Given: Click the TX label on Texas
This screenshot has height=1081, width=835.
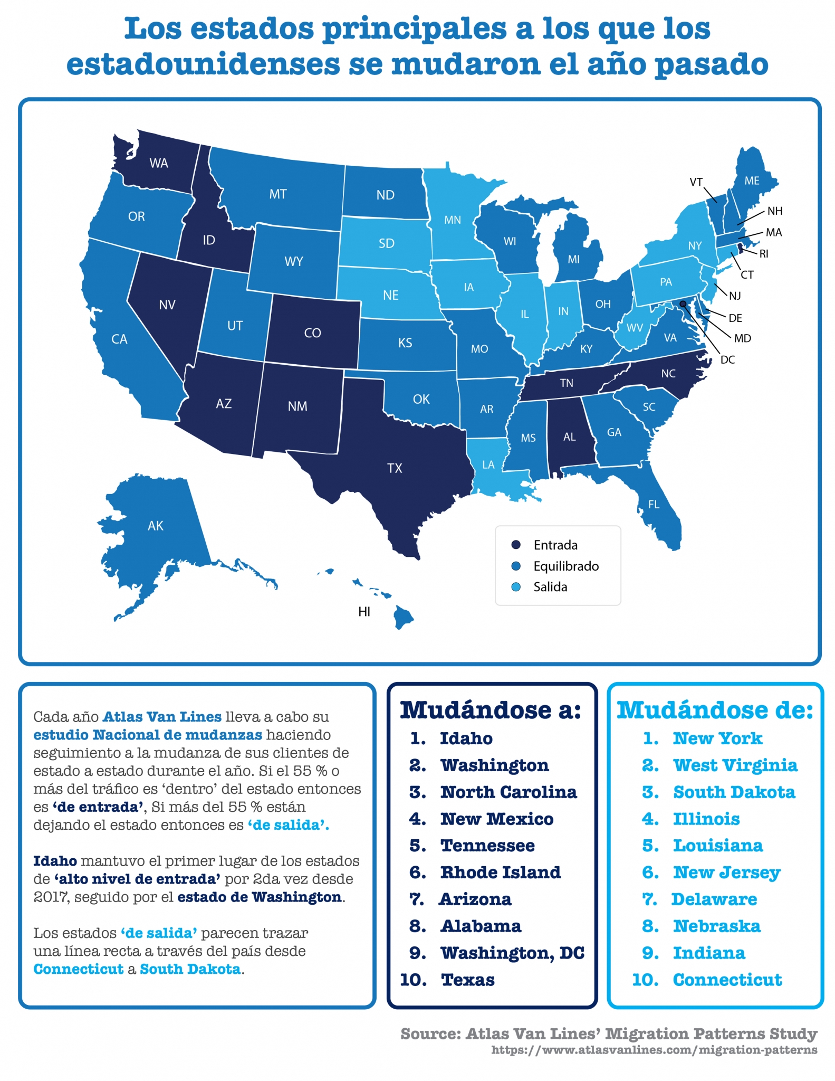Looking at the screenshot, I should point(395,468).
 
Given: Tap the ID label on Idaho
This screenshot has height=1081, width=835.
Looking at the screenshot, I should point(209,241).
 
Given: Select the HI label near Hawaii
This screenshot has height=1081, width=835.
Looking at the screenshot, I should point(364,612).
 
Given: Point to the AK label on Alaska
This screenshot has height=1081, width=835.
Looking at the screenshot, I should point(155,526).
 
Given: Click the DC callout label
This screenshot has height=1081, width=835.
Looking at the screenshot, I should point(727,360).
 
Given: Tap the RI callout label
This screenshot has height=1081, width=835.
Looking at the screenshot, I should point(763,254).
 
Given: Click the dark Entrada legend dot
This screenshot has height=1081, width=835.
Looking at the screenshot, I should point(516,545).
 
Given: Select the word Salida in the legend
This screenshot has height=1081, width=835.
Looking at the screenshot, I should point(550,587).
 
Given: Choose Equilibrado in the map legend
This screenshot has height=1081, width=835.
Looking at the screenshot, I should point(565,566).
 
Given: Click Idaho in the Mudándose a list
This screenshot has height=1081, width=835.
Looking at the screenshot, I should point(466,738).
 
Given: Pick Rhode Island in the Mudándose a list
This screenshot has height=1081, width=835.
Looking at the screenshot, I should point(500,873).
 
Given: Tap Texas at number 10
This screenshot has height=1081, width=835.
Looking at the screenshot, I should point(467,980).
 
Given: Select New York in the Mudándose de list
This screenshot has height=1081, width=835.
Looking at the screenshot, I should point(717,738).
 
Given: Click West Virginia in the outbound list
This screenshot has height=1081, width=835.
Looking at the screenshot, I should point(735,765).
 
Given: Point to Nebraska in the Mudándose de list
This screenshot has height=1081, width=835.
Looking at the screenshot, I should point(716,926).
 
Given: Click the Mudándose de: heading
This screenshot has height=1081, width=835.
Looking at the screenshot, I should point(715,710).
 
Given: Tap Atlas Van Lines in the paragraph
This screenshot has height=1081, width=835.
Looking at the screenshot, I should point(161,717).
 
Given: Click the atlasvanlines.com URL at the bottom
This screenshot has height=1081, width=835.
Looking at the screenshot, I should point(654,1050).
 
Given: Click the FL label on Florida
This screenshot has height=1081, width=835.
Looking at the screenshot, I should point(654,505).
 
